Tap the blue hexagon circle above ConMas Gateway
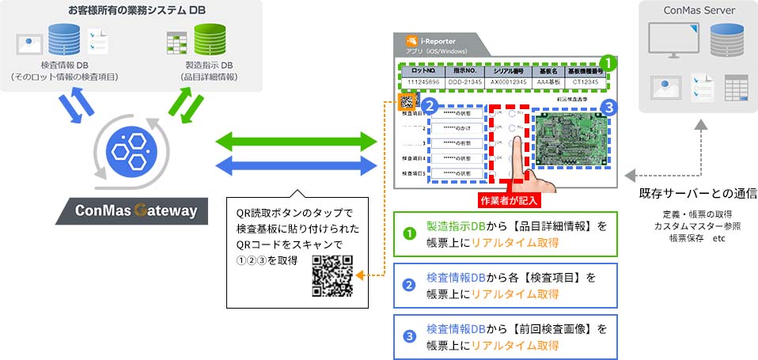[x=127, y=150]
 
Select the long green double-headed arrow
[x=297, y=142]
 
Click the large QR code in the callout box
[x=332, y=276]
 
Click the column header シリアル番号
[x=506, y=70]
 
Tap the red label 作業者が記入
[x=508, y=200]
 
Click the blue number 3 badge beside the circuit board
[x=607, y=105]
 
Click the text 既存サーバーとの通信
[x=697, y=194]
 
